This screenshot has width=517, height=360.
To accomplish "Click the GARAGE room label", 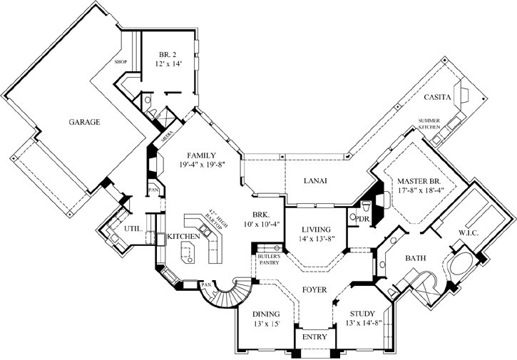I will pyautogui.click(x=85, y=122).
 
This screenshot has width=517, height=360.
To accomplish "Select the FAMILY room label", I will pyautogui.click(x=202, y=155).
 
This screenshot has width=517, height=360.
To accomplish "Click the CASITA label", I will pyautogui.click(x=435, y=97).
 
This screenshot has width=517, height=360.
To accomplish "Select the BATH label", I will pyautogui.click(x=416, y=257).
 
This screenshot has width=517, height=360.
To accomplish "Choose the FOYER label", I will pyautogui.click(x=314, y=290).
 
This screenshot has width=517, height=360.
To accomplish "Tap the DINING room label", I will pyautogui.click(x=265, y=313).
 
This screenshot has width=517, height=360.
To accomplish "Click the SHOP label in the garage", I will pyautogui.click(x=120, y=62).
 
